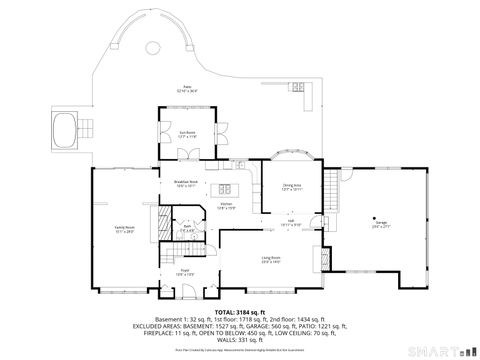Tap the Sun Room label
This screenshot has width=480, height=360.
click(x=186, y=135)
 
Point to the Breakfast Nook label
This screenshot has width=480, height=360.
click(x=186, y=184)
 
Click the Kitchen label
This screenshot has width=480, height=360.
click(x=227, y=207)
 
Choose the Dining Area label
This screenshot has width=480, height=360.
click(x=291, y=186)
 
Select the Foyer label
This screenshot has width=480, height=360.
click(x=185, y=272)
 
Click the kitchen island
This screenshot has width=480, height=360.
click(x=225, y=189)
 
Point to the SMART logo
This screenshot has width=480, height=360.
click(x=445, y=350)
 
